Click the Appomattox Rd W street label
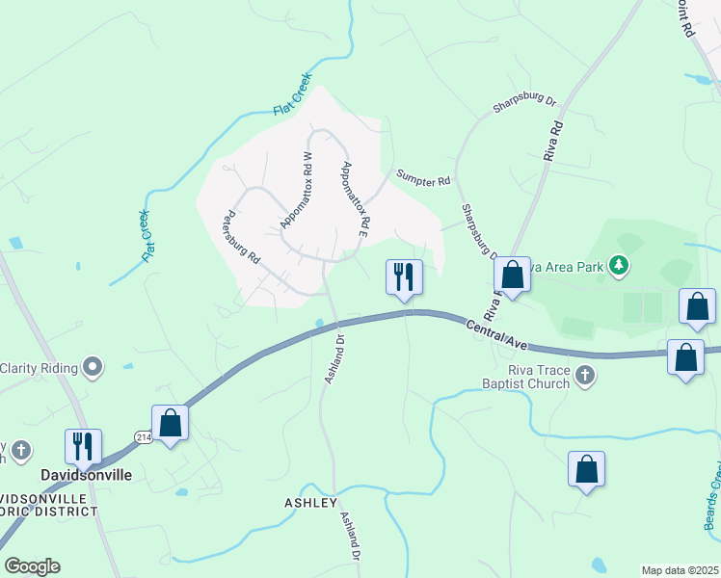pos(297,189)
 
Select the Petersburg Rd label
pos(242,238)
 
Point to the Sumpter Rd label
pos(423,179)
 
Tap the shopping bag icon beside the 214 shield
pos(171,423)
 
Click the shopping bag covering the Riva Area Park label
pos(513,276)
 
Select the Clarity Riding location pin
pos(93,366)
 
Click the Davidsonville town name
pos(85,476)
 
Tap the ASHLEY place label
pos(310,503)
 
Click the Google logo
pos(32,566)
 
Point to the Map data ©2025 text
pos(680,570)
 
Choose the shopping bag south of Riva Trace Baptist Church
pos(586,470)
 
